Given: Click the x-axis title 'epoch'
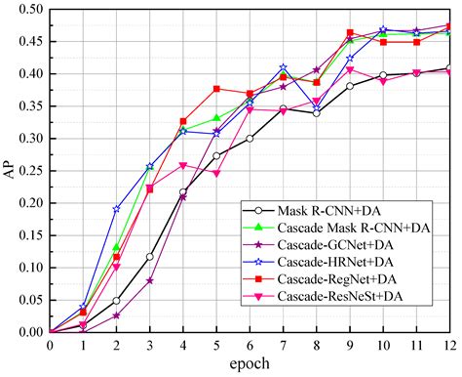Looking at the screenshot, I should pyautogui.click(x=250, y=365).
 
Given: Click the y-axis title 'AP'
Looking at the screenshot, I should pyautogui.click(x=10, y=171).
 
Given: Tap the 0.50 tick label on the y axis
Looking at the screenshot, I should pyautogui.click(x=30, y=10).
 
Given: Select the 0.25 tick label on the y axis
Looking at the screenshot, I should pyautogui.click(x=30, y=171).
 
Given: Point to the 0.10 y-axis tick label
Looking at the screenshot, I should pyautogui.click(x=30, y=268).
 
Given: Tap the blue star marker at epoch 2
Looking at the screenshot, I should pyautogui.click(x=117, y=209).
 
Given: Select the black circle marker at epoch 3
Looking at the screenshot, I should pyautogui.click(x=150, y=257).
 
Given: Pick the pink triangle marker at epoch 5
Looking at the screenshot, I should pyautogui.click(x=216, y=173).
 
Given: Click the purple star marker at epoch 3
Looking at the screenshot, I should pyautogui.click(x=150, y=280).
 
